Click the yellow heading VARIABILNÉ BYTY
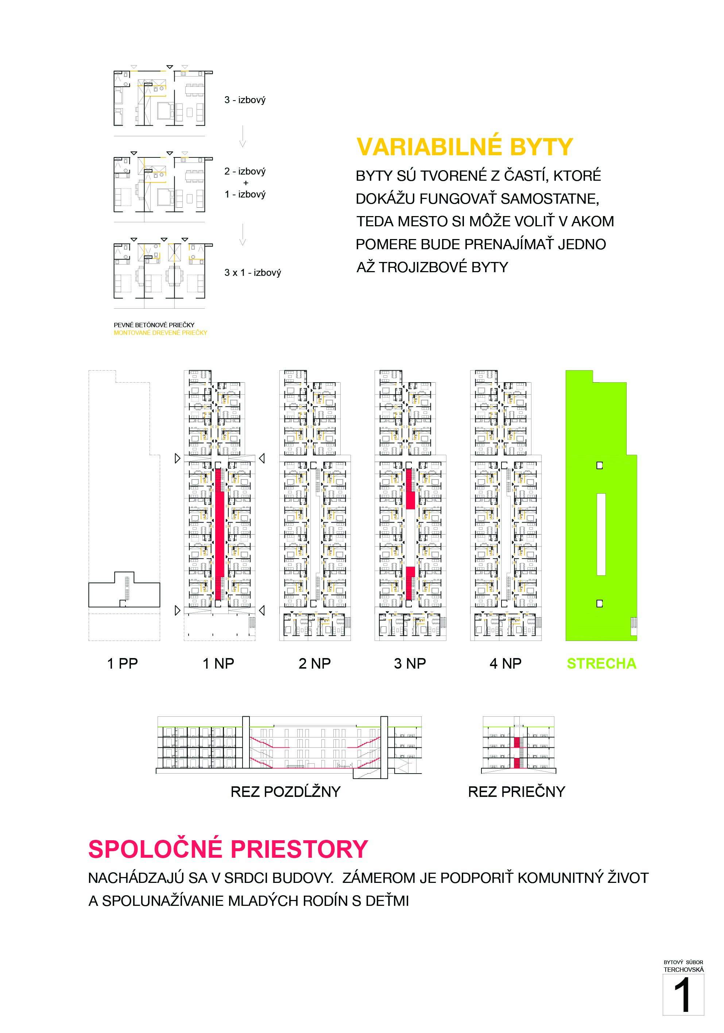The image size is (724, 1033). click(x=464, y=147)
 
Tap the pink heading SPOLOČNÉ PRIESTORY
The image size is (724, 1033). click(x=228, y=849)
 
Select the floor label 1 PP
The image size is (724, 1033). click(x=122, y=663)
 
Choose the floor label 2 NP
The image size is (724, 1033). click(x=314, y=663)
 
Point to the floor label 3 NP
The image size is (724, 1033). click(x=410, y=663)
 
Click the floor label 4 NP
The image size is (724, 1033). click(x=505, y=663)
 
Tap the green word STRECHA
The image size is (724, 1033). click(x=601, y=663)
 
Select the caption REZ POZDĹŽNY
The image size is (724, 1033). click(x=286, y=791)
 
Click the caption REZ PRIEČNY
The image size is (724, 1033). click(x=516, y=791)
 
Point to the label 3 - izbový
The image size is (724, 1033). click(x=245, y=100)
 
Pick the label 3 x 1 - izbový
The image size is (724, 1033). click(x=253, y=272)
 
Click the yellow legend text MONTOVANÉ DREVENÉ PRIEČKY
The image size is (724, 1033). click(x=160, y=332)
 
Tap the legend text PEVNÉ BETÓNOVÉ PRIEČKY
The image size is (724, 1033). click(x=154, y=324)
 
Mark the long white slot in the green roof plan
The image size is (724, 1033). click(x=601, y=534)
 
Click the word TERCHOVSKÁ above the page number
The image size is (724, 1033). click(x=683, y=970)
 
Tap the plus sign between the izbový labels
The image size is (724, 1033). click(x=245, y=183)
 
